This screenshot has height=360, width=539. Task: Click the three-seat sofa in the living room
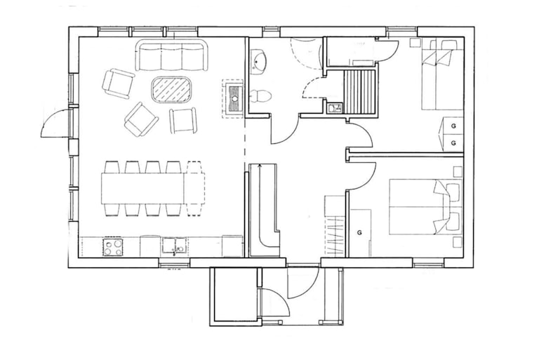click(172, 55)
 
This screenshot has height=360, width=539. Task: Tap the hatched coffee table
click(171, 89)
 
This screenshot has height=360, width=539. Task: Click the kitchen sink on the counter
click(174, 247)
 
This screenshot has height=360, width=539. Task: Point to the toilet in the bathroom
click(260, 95)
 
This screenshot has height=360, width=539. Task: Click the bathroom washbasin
click(258, 62)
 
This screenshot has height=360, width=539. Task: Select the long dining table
click(153, 189)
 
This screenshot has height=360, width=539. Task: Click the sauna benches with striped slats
click(359, 91)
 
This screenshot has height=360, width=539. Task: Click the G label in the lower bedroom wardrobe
click(359, 233)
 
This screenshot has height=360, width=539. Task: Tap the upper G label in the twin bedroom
click(454, 126)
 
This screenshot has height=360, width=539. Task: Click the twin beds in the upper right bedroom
click(441, 75)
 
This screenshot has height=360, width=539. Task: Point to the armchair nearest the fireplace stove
click(183, 120)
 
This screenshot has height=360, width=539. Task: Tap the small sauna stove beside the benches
click(333, 108)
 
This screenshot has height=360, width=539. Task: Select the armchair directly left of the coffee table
click(118, 84)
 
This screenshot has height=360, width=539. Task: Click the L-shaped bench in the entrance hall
click(265, 210)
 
